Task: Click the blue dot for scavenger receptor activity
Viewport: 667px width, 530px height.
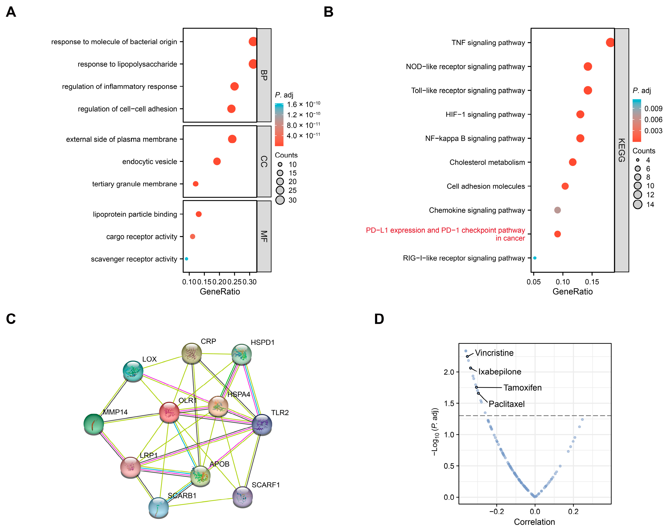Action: pos(186,259)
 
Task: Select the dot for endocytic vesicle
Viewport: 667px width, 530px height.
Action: pos(217,161)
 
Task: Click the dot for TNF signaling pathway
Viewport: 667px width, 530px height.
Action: pos(610,42)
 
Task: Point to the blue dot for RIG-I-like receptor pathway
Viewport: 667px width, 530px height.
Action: pos(535,258)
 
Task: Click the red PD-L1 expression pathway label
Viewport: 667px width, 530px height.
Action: pos(445,234)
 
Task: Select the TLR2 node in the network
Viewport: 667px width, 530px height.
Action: pos(262,425)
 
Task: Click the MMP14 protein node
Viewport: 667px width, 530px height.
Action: pos(94,424)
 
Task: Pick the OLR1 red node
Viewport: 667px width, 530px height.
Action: pos(169,413)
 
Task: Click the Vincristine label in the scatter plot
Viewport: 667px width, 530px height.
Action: pos(494,353)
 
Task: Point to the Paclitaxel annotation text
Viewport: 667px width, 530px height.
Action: pos(507,404)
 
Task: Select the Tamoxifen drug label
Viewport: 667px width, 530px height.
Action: pos(523,388)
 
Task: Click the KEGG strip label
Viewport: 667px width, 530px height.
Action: pos(622,150)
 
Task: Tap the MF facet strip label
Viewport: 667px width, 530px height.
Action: pos(264,236)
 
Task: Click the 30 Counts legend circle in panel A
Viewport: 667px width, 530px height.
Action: pos(280,200)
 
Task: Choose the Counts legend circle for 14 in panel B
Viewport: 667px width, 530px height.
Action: pos(638,204)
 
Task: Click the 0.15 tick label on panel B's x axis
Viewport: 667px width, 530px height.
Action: pos(592,282)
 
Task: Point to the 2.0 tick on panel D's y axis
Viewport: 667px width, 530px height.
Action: pos(449,372)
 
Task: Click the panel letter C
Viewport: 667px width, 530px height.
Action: pos(11,319)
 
